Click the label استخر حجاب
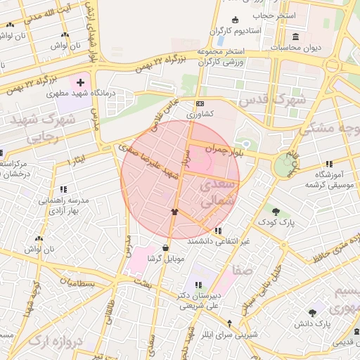click(x=267, y=15)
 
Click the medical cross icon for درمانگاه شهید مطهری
click(x=80, y=83)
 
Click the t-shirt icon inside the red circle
click(x=174, y=211)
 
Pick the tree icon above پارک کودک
click(x=276, y=210)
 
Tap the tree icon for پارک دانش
click(x=312, y=312)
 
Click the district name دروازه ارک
click(x=53, y=341)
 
